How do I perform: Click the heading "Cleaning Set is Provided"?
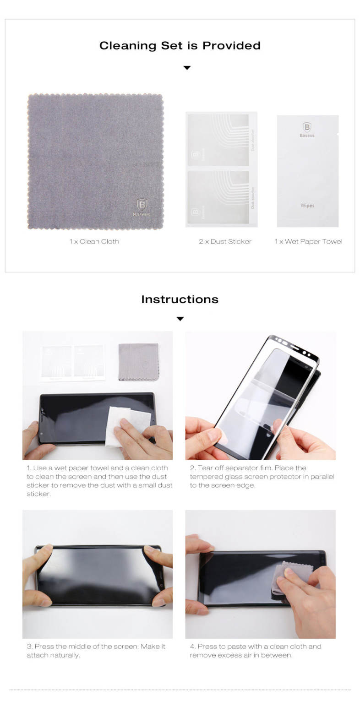point(180,46)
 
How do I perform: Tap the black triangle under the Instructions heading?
point(180,319)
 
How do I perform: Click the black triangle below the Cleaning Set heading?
point(187,68)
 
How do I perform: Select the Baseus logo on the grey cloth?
point(142,207)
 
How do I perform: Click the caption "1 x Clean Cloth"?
point(94,241)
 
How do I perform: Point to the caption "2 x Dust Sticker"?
point(225,241)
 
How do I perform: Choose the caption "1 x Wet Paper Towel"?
point(309,241)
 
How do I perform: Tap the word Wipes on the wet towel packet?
point(307,206)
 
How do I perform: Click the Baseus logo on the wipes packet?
point(307,130)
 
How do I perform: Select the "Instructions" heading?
point(180,299)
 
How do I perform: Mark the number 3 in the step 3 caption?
point(29,647)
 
